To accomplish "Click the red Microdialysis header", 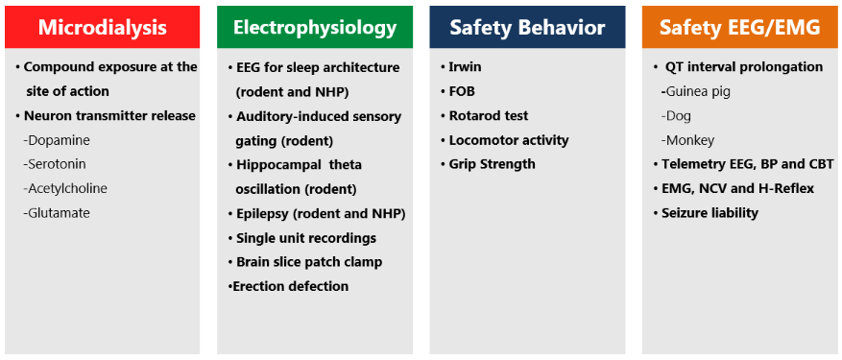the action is point(102,28).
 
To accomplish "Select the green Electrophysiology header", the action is point(315,28).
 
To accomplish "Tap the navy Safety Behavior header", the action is point(527,28).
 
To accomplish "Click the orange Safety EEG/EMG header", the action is point(740,28).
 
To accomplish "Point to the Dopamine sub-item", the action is point(57,140).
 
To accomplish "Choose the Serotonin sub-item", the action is point(54,164).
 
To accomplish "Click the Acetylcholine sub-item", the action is point(65,189).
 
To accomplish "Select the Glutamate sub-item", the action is point(57,213).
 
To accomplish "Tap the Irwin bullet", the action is point(461,67).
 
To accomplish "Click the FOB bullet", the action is point(458,91).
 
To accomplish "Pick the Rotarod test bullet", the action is point(484,116).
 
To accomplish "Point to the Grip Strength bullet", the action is point(488,164).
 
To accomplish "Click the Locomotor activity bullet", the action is point(504,140).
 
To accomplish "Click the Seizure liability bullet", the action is point(706,213).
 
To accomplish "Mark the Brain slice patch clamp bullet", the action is point(305,262).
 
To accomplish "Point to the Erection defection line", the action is point(288,286).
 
